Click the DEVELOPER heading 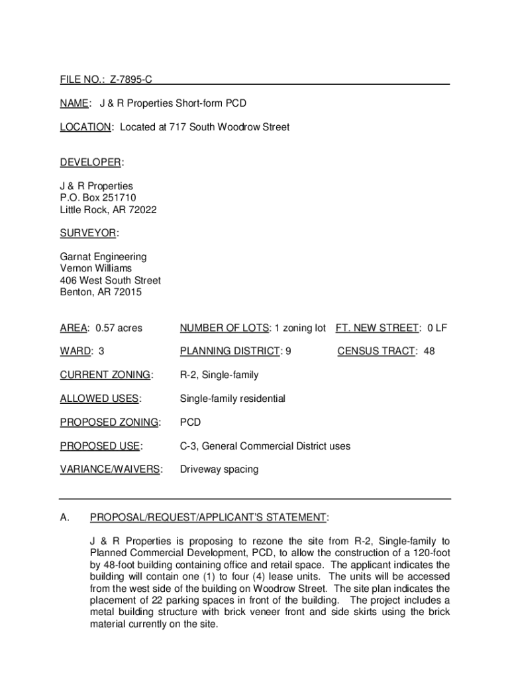[x=90, y=163]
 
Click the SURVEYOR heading [x=88, y=233]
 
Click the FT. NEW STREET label [x=377, y=328]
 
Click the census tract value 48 [x=429, y=351]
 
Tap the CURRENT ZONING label [x=105, y=375]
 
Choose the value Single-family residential [x=232, y=399]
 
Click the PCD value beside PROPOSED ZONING [x=190, y=422]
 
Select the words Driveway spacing [x=219, y=469]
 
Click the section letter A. [x=64, y=517]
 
